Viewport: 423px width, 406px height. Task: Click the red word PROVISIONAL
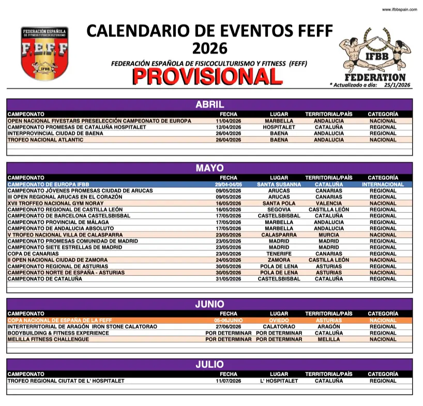pyautogui.click(x=207, y=76)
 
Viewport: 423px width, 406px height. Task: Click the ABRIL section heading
pyautogui.click(x=209, y=105)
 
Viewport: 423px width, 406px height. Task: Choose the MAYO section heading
pyautogui.click(x=209, y=168)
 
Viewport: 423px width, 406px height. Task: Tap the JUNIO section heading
pyautogui.click(x=209, y=304)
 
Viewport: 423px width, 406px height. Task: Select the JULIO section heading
pyautogui.click(x=209, y=365)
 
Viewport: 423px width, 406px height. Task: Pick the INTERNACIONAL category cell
pyautogui.click(x=383, y=184)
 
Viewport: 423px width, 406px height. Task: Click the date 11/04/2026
pyautogui.click(x=229, y=121)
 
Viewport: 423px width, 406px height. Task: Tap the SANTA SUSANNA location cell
pyautogui.click(x=279, y=184)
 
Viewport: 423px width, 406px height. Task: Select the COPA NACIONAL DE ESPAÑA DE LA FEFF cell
pyautogui.click(x=57, y=320)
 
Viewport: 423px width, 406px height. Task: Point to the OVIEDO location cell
pyautogui.click(x=279, y=320)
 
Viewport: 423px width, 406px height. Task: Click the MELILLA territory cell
pyautogui.click(x=329, y=339)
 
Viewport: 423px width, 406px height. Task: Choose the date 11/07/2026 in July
pyautogui.click(x=229, y=381)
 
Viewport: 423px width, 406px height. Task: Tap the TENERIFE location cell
pyautogui.click(x=279, y=254)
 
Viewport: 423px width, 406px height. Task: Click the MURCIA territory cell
pyautogui.click(x=329, y=235)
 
